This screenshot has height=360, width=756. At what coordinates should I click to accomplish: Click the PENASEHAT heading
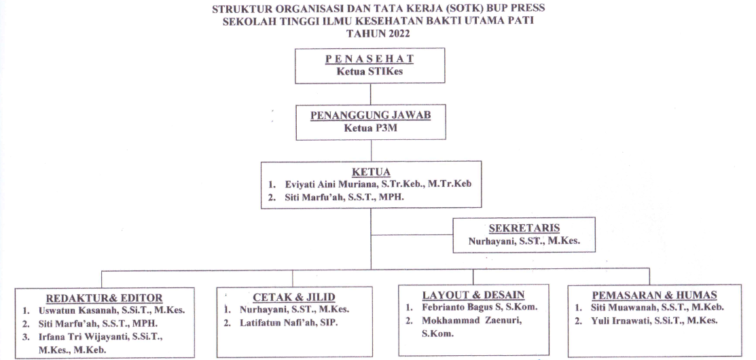(370, 59)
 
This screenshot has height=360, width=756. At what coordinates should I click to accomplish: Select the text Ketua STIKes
(370, 72)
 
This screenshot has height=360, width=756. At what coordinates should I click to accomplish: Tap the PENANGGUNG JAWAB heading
(370, 115)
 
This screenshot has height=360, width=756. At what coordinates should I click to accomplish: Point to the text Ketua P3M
(370, 128)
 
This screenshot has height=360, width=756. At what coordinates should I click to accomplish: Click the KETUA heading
(371, 173)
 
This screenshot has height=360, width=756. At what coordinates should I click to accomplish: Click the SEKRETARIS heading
(524, 228)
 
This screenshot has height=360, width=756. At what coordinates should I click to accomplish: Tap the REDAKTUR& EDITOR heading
(104, 298)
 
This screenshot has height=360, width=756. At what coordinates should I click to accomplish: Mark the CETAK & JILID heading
(293, 297)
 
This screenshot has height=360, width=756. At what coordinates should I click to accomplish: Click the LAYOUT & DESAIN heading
(473, 295)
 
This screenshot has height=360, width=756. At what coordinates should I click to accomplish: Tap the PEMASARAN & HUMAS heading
(654, 295)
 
